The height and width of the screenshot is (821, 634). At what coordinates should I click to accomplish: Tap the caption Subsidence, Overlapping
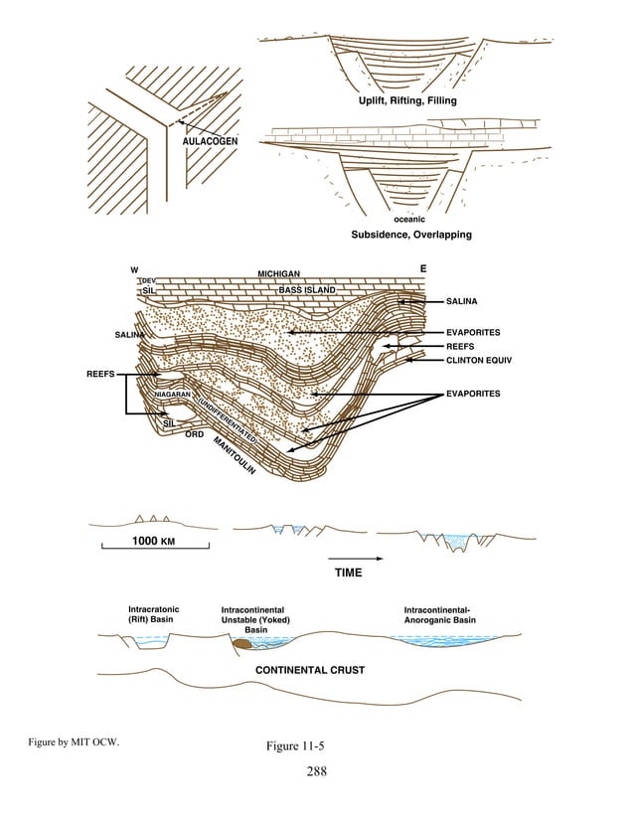410,236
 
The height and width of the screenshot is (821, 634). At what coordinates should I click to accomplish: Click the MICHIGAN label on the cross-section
279,273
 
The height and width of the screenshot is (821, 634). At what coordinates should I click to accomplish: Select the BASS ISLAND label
307,290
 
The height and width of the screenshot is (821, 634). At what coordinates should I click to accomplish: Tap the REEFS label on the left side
99,375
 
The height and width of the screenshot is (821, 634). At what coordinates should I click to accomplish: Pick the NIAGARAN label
172,396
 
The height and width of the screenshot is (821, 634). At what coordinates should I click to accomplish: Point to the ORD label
195,433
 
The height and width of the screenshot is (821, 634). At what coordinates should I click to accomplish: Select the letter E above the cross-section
423,268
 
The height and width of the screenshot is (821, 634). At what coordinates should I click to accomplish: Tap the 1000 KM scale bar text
153,543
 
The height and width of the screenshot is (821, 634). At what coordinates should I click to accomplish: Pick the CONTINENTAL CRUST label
310,670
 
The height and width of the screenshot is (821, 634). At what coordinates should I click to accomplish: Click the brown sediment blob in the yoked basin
241,645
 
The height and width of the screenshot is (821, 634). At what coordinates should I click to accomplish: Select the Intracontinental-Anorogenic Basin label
440,614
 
